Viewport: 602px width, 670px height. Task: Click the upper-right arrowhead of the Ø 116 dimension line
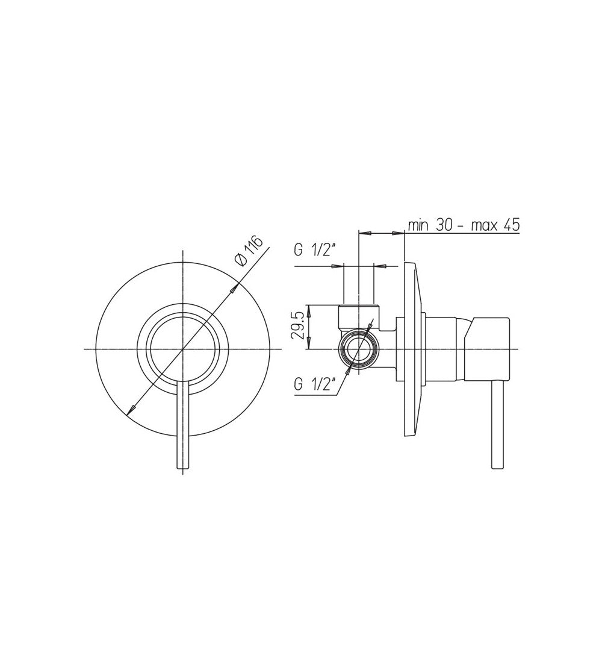[x=234, y=287]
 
